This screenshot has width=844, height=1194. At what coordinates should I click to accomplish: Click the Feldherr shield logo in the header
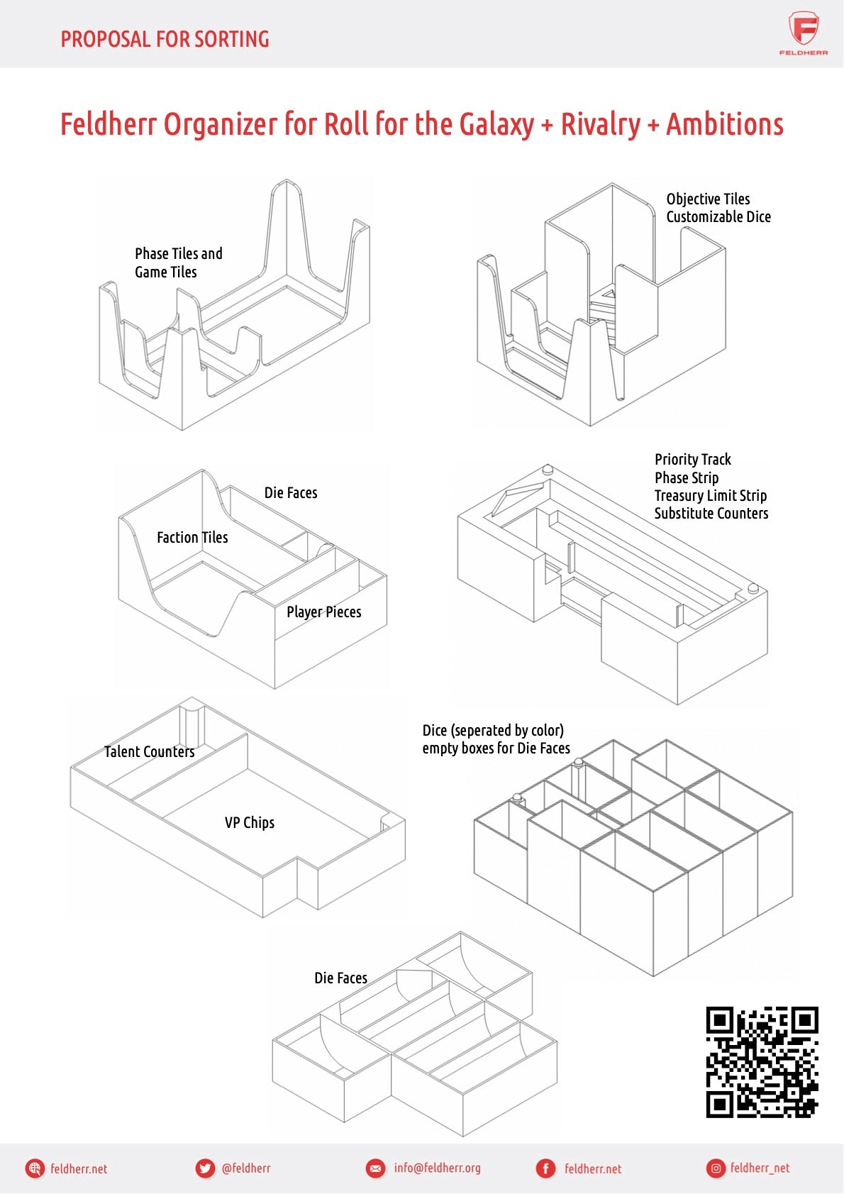(804, 30)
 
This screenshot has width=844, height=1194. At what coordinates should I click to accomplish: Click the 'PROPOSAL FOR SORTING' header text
(165, 39)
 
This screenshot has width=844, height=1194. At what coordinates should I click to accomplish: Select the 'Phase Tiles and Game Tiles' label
(178, 262)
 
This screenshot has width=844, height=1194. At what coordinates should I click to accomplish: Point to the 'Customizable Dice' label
(718, 217)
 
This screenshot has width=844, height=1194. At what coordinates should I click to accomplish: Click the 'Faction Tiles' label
(192, 538)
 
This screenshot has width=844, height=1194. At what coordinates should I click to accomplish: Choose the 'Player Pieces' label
(323, 612)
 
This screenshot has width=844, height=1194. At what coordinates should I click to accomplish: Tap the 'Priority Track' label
(692, 460)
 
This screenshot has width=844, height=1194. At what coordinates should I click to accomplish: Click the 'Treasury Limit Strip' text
(710, 496)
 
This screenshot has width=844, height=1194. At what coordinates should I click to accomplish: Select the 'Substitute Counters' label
(711, 514)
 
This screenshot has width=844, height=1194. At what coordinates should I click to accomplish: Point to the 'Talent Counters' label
(149, 752)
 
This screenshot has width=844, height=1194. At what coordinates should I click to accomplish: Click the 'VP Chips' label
(249, 823)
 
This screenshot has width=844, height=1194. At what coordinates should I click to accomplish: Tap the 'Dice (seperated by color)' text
(493, 731)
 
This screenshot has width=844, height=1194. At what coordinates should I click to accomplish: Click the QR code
(762, 1062)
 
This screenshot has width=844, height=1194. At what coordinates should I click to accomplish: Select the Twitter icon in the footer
(205, 1168)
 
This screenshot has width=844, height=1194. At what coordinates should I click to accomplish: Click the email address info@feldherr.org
(437, 1168)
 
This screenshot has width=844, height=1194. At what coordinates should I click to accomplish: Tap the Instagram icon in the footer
(716, 1168)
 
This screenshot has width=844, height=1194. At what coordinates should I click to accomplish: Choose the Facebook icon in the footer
(545, 1168)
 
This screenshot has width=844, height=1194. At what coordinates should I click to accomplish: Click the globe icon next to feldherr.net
(35, 1168)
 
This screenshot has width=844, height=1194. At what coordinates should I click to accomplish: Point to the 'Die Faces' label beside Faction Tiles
(291, 493)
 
